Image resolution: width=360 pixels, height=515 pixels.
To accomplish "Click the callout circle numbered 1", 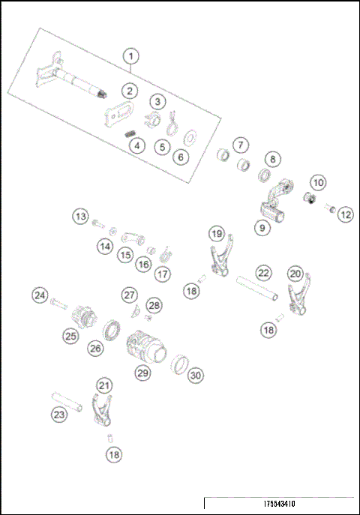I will coord(131,56).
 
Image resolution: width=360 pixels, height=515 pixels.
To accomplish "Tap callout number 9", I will coord(261,228).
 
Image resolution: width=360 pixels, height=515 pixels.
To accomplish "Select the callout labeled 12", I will coord(345,215).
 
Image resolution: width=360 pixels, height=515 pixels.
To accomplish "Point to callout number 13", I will coord(80,217).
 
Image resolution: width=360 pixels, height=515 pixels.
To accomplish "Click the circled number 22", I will coord(262,273).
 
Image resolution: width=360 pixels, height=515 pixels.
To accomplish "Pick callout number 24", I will coord(40,295).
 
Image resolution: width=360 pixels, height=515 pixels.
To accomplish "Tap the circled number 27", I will coord(130,295).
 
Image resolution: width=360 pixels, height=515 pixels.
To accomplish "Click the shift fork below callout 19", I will coord(217,263).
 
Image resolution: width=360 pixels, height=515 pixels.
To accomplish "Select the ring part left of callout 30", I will coord(180,365).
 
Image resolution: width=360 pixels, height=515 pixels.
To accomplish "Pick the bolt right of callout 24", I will coord(60,306).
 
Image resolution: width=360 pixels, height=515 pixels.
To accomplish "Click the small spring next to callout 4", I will coord(129,133).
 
